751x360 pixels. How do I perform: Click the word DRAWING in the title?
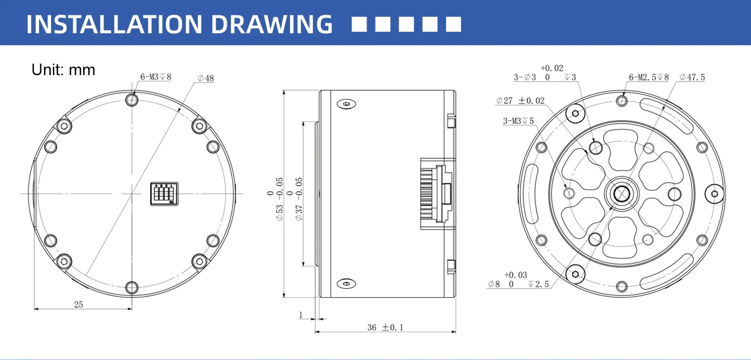click(x=271, y=24)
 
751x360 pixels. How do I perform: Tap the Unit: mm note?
click(x=63, y=70)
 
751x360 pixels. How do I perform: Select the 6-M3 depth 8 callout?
click(x=156, y=77)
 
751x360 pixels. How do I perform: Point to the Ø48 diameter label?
click(x=205, y=78)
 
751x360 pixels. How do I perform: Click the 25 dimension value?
click(x=78, y=304)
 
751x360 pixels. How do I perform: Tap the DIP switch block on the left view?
click(x=164, y=194)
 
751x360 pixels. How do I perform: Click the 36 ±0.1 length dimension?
click(x=385, y=327)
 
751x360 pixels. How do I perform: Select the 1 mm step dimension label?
click(x=301, y=315)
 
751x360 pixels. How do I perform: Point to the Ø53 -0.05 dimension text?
click(x=275, y=199)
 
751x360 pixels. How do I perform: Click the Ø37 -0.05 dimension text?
click(x=294, y=199)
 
